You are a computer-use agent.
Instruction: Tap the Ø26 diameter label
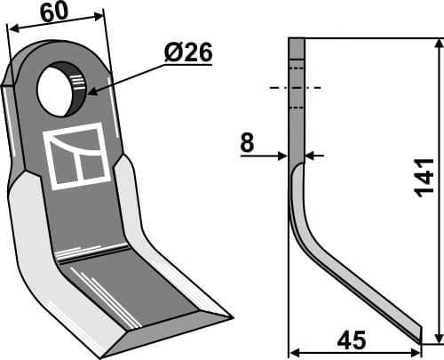[x=187, y=54]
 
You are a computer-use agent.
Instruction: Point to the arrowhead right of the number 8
[x=311, y=156]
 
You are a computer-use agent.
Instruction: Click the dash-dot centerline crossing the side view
[x=297, y=88]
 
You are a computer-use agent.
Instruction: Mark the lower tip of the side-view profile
[x=420, y=335]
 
